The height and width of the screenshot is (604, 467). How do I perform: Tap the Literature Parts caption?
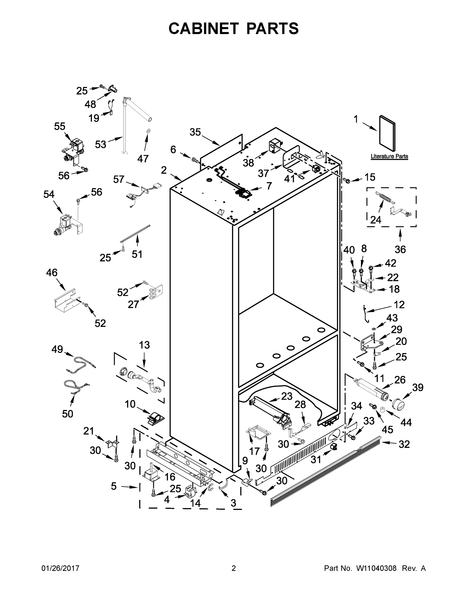(389, 156)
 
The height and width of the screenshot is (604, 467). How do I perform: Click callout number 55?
(59, 126)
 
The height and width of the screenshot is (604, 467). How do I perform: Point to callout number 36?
(400, 249)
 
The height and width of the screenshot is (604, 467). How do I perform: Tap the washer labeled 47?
(148, 130)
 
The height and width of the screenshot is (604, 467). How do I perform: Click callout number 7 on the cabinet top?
(269, 186)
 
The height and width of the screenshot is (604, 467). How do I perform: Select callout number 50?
(67, 414)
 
